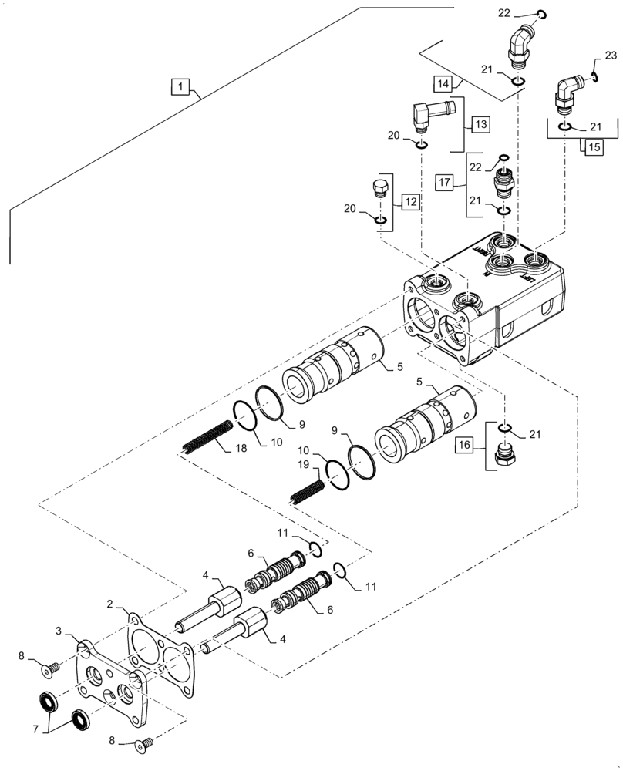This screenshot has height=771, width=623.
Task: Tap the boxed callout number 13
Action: pyautogui.click(x=480, y=124)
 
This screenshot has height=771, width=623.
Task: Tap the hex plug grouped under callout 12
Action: pyautogui.click(x=379, y=189)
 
